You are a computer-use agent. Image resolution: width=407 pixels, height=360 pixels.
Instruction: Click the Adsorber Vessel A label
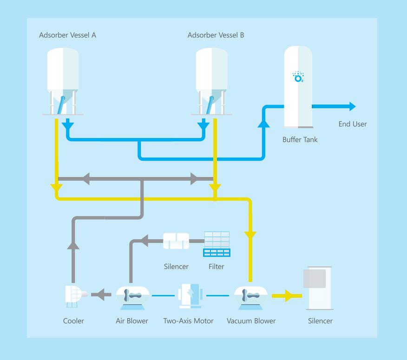[67, 35]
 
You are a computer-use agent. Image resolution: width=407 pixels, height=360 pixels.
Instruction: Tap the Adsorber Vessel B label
[216, 35]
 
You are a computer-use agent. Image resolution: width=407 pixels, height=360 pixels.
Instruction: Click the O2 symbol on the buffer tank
[298, 77]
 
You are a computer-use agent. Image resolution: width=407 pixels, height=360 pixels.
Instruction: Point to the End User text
[353, 124]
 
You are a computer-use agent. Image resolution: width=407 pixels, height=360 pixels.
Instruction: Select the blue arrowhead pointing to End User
[353, 106]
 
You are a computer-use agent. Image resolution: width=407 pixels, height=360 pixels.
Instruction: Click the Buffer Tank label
[300, 140]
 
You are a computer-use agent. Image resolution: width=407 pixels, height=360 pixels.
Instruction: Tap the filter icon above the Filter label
[217, 244]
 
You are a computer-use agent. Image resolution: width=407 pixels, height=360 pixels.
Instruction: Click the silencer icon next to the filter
[176, 241]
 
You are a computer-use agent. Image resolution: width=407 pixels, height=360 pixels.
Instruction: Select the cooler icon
[76, 296]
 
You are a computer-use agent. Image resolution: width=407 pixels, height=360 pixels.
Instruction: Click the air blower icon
[132, 298]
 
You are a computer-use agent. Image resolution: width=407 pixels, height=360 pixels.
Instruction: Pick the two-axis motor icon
[190, 296]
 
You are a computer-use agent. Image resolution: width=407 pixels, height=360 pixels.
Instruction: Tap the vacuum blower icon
[251, 298]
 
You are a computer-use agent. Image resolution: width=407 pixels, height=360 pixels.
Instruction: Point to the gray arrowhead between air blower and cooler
[101, 295]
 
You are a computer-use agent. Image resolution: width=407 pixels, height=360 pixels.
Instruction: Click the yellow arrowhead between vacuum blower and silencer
[289, 295]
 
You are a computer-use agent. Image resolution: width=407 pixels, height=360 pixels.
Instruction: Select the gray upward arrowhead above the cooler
[73, 246]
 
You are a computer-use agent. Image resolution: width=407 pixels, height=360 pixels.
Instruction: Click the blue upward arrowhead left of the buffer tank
[264, 124]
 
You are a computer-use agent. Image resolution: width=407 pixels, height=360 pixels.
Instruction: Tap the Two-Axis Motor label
[188, 321]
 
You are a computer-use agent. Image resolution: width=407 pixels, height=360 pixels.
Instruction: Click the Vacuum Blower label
[251, 321]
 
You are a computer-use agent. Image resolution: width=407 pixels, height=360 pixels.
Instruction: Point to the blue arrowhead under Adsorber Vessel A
[68, 125]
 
